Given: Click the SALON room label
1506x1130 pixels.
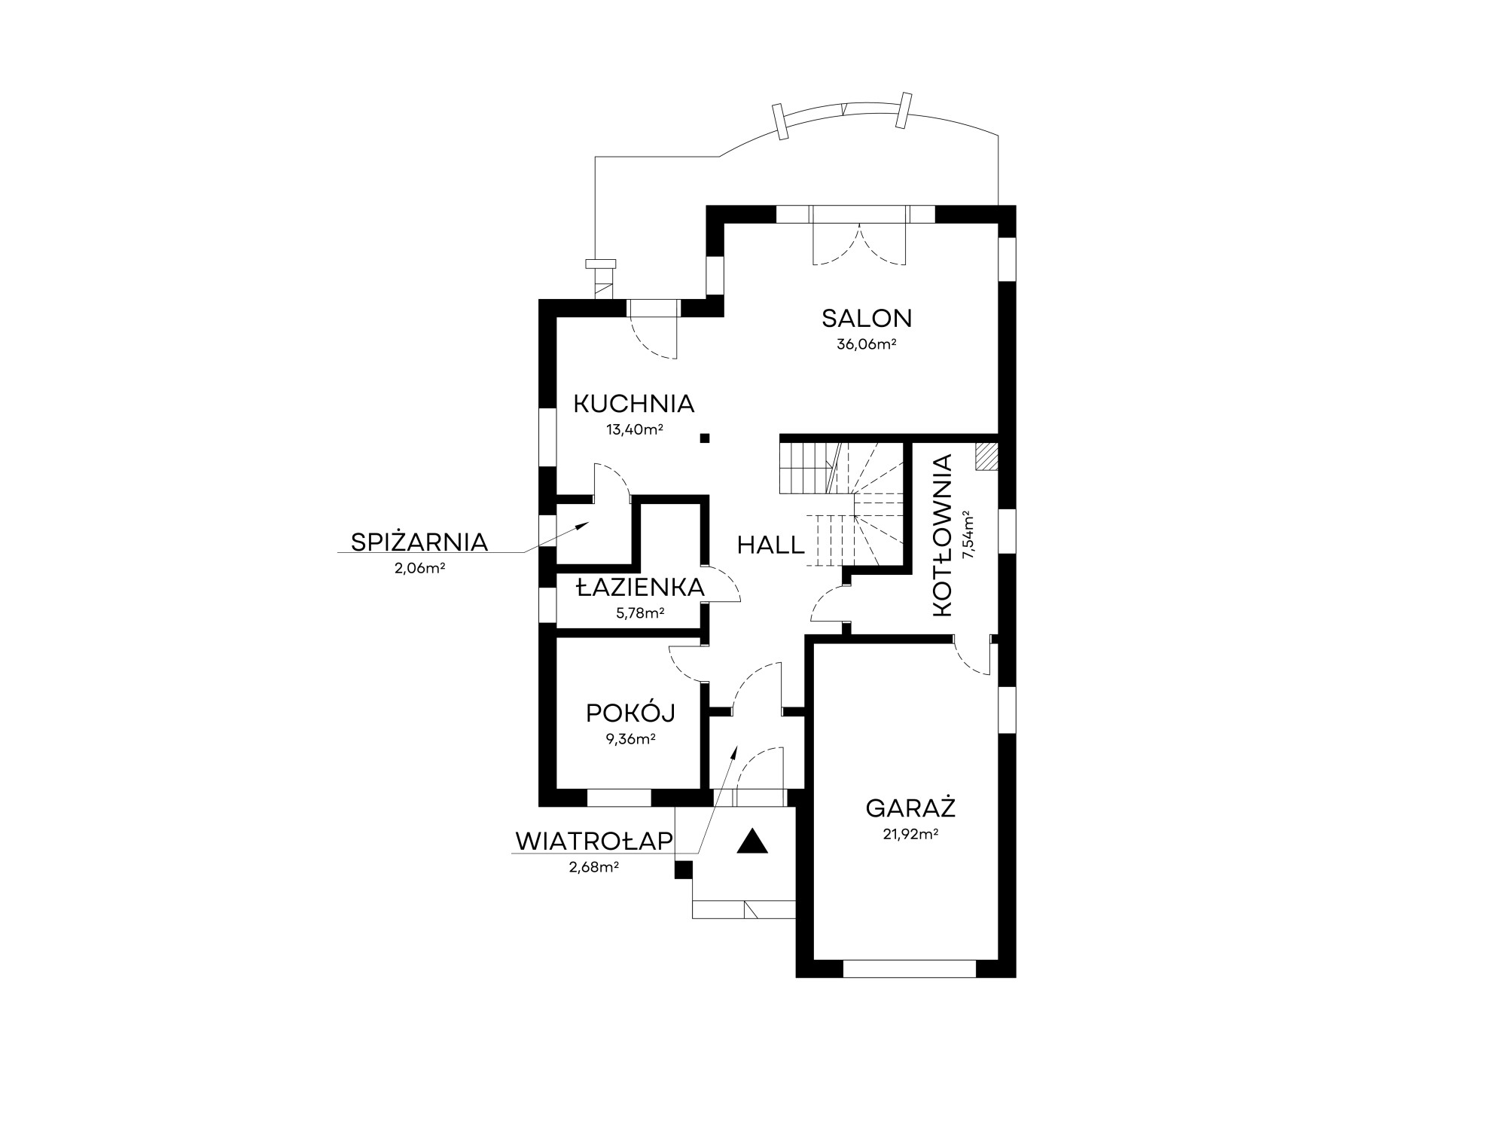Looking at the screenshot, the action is coord(867,319).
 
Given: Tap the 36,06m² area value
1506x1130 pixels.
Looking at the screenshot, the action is coord(866,345).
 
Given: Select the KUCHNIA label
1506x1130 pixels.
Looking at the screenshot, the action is coord(633,404).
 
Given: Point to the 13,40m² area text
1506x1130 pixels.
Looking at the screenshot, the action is coord(634,430).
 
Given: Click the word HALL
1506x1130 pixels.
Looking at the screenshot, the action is coord(771,545).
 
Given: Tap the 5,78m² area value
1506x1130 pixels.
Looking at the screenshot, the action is coord(640,613).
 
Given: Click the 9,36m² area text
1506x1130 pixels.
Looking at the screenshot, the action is coord(631,739).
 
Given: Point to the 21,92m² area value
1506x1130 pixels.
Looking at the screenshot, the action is coord(910,835).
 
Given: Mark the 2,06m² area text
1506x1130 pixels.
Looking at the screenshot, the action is coord(419,569).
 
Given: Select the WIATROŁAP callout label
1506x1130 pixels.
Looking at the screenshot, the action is coord(594,841).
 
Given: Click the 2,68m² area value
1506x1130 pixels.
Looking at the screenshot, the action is coord(594,867).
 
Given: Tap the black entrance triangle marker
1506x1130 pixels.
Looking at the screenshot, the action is coord(752,841).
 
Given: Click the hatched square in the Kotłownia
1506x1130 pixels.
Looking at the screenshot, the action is coord(986,456).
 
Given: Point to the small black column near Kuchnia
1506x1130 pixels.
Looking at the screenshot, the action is coord(704,438).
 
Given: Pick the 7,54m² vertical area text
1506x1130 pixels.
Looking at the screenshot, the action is coord(969,536).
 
